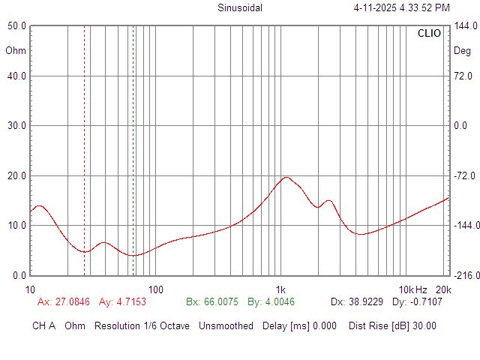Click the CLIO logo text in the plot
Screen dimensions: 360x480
coord(429,34)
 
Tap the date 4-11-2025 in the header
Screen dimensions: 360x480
coord(380,8)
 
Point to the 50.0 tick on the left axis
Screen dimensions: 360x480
coord(16,25)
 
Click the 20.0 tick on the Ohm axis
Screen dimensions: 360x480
coord(16,175)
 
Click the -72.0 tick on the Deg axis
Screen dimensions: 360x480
coord(463,175)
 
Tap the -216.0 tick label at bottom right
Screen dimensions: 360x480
coord(464,275)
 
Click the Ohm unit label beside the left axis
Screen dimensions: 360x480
coord(15,51)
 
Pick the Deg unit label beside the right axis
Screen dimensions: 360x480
coord(462,51)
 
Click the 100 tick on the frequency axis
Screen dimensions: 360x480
coord(155,289)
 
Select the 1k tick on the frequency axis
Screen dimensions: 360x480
coord(280,289)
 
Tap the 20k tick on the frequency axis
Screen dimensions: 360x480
coord(443,289)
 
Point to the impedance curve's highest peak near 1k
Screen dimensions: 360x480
coord(286,177)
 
